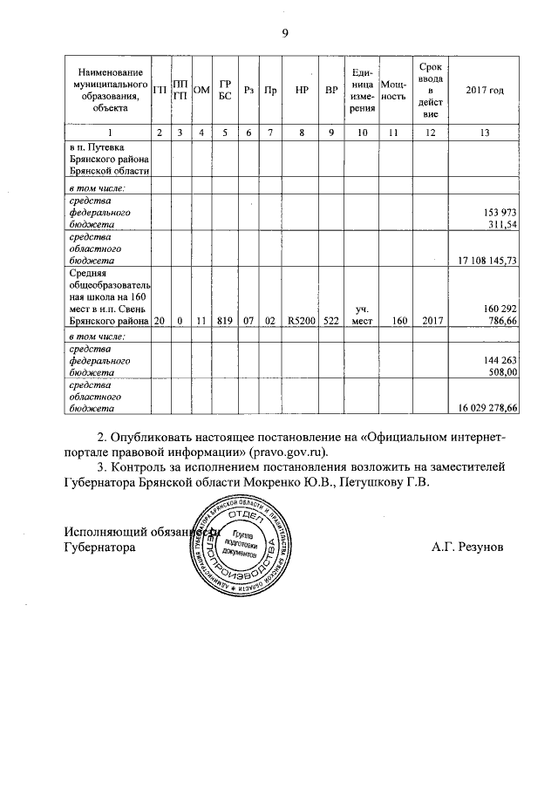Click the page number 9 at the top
coord(284,33)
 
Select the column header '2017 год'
coord(485,90)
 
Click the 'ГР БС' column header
coord(225,90)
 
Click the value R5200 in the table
coord(301,321)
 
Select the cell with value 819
coord(225,321)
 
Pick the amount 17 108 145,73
coord(487,260)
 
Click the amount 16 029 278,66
coord(487,407)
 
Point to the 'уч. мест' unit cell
coord(363,315)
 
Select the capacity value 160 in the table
coord(398,321)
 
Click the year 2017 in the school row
coord(433,321)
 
